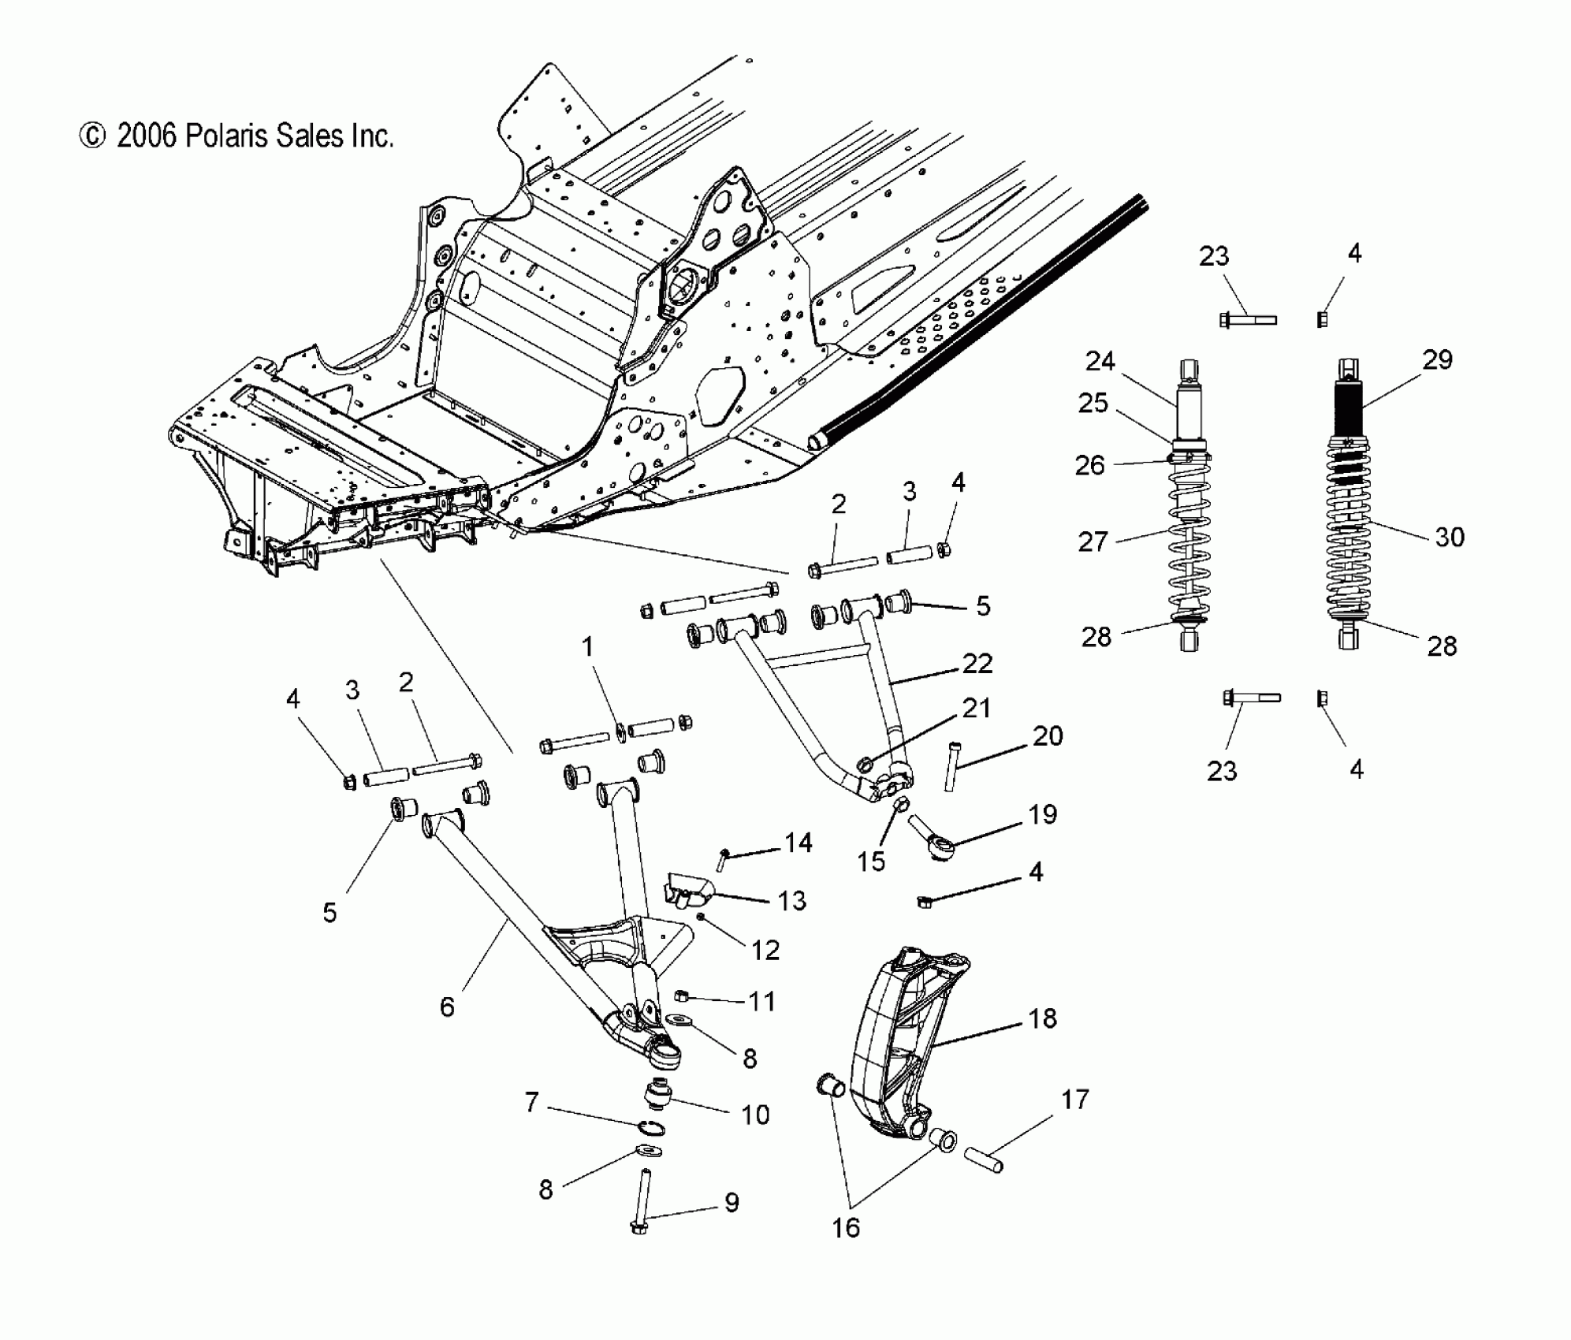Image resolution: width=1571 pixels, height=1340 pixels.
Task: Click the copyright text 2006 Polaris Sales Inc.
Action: pyautogui.click(x=236, y=136)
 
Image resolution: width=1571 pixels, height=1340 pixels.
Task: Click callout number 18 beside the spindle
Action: pyautogui.click(x=1042, y=1018)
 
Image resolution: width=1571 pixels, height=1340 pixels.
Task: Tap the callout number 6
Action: pyautogui.click(x=447, y=1007)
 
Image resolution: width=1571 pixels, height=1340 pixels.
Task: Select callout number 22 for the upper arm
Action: pyautogui.click(x=977, y=663)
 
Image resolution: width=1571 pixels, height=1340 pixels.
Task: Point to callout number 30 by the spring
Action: pyautogui.click(x=1450, y=537)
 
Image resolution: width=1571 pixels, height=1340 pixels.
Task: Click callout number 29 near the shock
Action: pyautogui.click(x=1437, y=359)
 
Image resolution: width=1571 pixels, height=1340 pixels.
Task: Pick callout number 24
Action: pyautogui.click(x=1100, y=361)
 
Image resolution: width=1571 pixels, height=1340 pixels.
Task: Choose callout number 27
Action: pyautogui.click(x=1093, y=542)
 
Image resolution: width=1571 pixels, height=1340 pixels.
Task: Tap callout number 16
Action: pyautogui.click(x=846, y=1227)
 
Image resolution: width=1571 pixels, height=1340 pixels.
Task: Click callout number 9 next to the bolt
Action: pyautogui.click(x=732, y=1202)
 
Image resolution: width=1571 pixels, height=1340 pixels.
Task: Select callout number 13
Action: pyautogui.click(x=792, y=900)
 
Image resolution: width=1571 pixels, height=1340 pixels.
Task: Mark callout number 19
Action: pyautogui.click(x=1043, y=814)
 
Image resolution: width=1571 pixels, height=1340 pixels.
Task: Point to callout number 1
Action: pyautogui.click(x=587, y=647)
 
